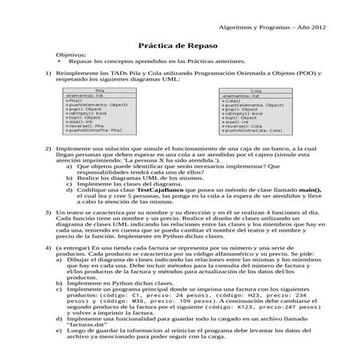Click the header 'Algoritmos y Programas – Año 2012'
(274, 28)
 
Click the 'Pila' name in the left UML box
(100, 91)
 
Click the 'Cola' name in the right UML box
(256, 91)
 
